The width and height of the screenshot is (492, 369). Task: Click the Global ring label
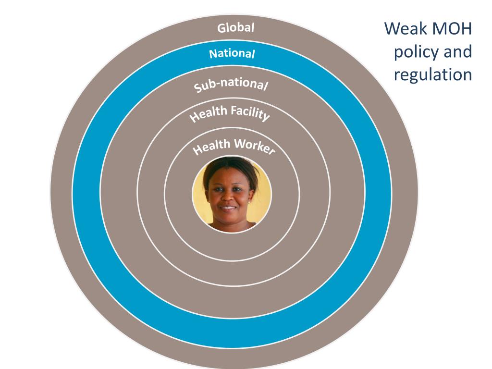pyautogui.click(x=235, y=27)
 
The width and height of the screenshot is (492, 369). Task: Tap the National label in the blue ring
pyautogui.click(x=232, y=54)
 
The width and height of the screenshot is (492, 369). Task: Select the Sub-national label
pyautogui.click(x=231, y=85)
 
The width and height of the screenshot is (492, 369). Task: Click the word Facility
pyautogui.click(x=250, y=113)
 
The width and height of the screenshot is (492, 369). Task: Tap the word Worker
pyautogui.click(x=255, y=146)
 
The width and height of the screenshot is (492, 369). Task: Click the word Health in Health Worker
pyautogui.click(x=211, y=147)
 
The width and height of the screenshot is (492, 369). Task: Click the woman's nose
pyautogui.click(x=228, y=197)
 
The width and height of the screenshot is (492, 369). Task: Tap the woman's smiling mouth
pyautogui.click(x=228, y=208)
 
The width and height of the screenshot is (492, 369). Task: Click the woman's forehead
pyautogui.click(x=229, y=177)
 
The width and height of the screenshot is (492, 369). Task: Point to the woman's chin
pyautogui.click(x=228, y=217)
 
